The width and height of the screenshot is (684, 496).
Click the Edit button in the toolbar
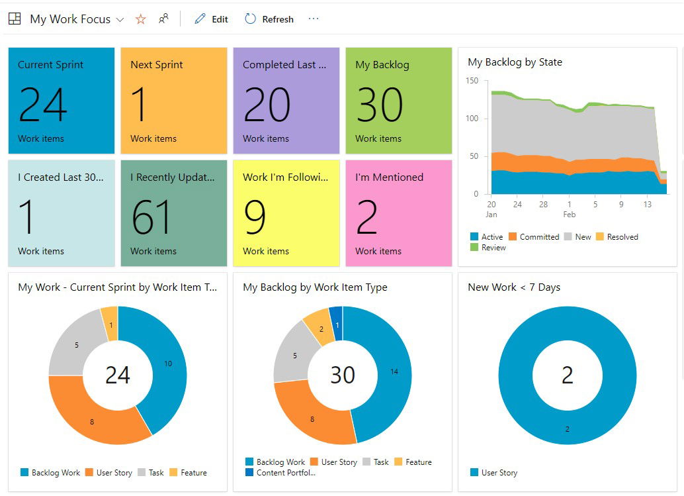tap(211, 19)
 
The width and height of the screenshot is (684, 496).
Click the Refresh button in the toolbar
tap(269, 19)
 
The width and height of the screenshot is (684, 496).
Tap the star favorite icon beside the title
tap(140, 19)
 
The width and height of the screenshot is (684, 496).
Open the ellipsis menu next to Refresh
tap(314, 19)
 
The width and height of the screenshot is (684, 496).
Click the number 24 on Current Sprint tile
tap(43, 105)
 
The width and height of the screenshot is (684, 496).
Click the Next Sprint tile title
tap(157, 65)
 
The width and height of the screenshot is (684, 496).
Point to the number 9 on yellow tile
tap(255, 217)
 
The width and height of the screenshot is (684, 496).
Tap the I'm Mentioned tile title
tap(389, 177)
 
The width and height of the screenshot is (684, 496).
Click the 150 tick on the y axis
tap(472, 81)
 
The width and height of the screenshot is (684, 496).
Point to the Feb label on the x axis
tap(570, 215)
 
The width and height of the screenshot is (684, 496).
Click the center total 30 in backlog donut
tap(343, 375)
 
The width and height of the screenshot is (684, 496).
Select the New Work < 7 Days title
tap(514, 287)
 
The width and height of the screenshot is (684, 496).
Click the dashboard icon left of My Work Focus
tap(15, 19)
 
